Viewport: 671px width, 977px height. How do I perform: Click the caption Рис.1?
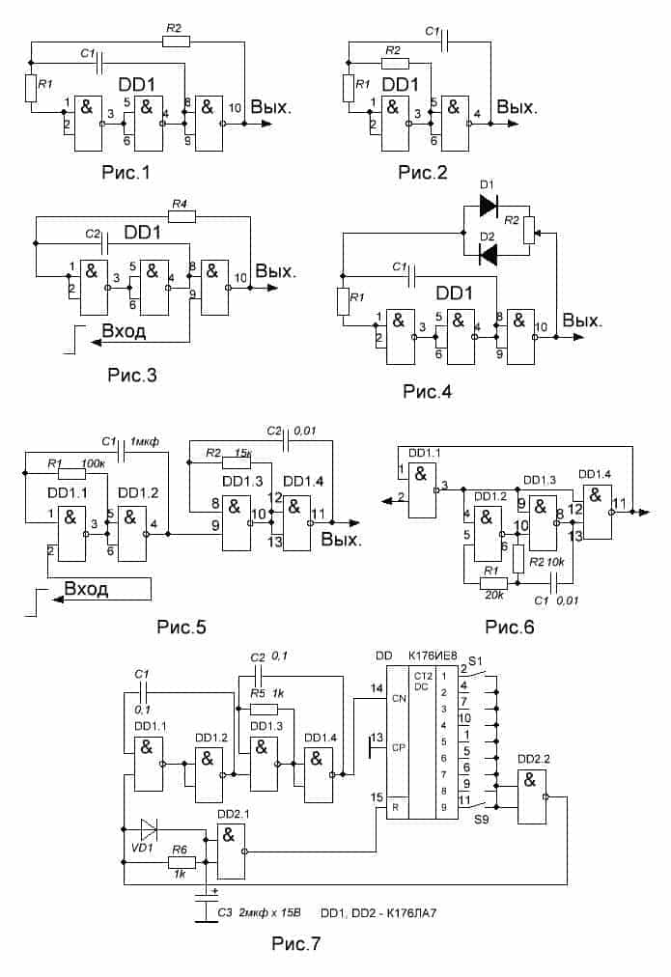tap(126, 172)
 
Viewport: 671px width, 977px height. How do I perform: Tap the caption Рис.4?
tap(428, 391)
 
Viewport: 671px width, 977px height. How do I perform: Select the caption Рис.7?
tap(296, 943)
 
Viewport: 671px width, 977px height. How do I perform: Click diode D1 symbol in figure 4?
tap(489, 205)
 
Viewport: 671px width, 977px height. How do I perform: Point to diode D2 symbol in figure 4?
tap(489, 254)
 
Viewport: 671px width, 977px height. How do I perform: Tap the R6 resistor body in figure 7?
tap(182, 862)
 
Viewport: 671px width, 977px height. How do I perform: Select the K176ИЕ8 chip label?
tap(433, 656)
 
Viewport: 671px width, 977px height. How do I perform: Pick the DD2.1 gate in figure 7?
tap(231, 851)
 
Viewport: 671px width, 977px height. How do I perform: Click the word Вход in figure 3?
tap(124, 331)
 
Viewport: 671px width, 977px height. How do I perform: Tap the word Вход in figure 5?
tap(86, 589)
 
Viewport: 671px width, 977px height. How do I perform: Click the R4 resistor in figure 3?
tap(182, 216)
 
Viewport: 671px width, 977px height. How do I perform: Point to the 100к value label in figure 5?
tap(94, 463)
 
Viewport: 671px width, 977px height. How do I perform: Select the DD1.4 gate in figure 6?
tap(598, 512)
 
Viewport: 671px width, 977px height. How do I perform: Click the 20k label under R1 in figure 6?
tap(493, 596)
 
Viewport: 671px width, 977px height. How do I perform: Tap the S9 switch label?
tap(481, 820)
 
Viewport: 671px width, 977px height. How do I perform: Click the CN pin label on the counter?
tap(399, 699)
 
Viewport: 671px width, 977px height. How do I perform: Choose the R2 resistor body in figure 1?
tap(176, 42)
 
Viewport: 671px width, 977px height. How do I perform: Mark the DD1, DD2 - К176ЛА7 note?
tap(378, 913)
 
